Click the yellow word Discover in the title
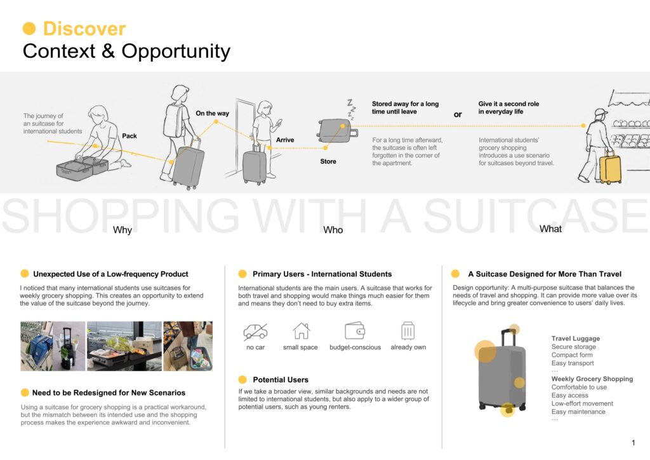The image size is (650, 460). (84, 29)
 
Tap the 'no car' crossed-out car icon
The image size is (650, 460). (255, 332)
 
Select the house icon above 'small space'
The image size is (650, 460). (301, 331)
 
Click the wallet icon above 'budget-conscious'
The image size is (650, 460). (355, 331)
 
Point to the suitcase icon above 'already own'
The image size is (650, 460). (408, 330)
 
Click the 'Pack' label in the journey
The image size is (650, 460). (129, 136)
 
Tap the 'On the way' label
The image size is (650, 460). (212, 113)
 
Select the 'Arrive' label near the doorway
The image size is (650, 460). (285, 140)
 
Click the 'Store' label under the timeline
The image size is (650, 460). (328, 161)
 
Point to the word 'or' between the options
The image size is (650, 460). (458, 114)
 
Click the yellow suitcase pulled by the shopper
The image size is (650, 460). (610, 168)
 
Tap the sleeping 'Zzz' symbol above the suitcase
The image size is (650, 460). (352, 109)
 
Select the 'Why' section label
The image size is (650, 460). (123, 230)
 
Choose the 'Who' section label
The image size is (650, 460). (333, 230)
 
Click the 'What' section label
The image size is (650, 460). (550, 229)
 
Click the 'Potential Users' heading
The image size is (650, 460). (281, 379)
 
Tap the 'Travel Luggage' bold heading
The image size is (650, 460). (575, 339)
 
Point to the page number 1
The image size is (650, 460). (633, 443)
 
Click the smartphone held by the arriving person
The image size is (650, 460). (279, 123)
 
